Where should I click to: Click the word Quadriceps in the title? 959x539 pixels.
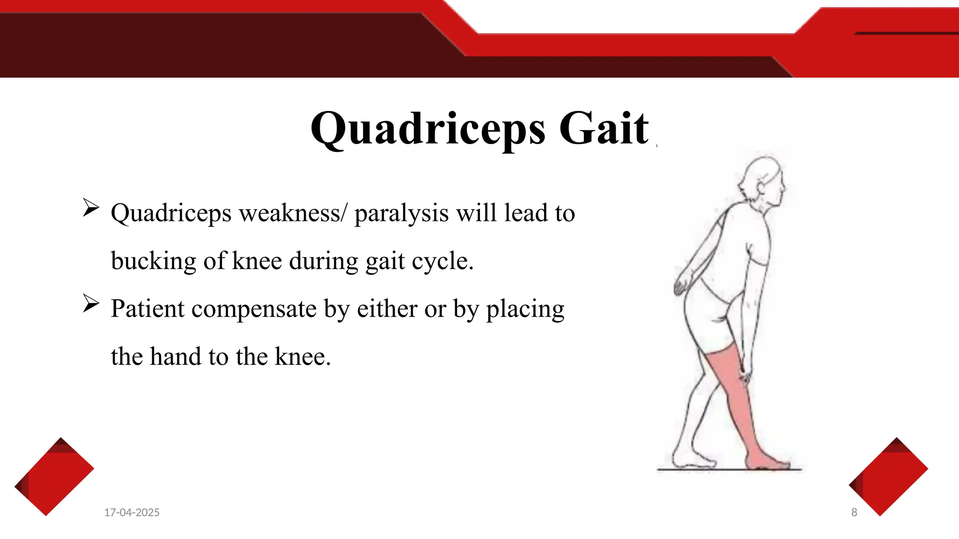428,128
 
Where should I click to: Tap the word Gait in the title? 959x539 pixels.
604,128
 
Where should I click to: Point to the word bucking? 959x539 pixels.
153,261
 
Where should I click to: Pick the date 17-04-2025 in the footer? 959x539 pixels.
132,512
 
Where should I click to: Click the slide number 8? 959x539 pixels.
854,512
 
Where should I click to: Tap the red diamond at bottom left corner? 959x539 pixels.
54,477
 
